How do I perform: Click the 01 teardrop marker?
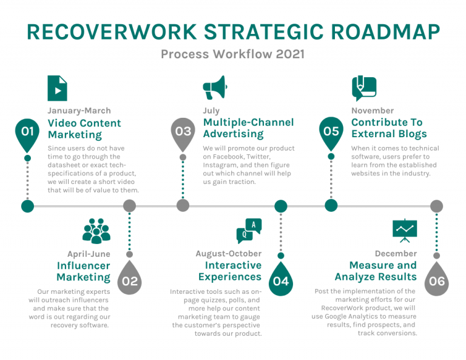27,132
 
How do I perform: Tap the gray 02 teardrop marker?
129,280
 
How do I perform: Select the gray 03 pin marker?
183,132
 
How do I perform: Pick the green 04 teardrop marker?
280,280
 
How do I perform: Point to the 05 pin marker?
331,132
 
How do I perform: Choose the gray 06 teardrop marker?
436,280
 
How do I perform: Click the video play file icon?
58,89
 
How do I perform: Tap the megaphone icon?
214,88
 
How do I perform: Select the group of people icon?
96,231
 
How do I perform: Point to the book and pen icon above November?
364,89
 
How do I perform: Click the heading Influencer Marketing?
84,271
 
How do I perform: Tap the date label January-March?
79,110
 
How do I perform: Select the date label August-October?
229,253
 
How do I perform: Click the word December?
396,253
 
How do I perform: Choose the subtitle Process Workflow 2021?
232,54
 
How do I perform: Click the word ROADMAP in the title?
380,32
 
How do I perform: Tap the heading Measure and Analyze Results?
376,271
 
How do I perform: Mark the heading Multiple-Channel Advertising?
248,128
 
